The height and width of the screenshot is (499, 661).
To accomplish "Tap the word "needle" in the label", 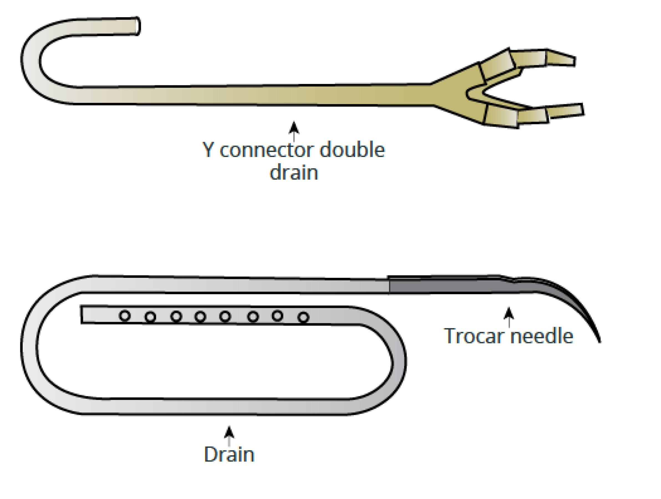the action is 542,336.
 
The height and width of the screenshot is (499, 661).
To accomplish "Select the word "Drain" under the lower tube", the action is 229,454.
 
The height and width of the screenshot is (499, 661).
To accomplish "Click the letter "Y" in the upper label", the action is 208,149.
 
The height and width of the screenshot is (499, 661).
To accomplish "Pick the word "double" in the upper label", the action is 352,149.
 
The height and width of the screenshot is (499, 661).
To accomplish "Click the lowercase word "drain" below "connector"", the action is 294,172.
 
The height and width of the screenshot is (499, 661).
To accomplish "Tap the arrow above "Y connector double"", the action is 294,131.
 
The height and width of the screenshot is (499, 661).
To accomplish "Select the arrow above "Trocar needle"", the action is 509,317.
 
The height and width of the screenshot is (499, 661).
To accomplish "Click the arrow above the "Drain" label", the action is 229,437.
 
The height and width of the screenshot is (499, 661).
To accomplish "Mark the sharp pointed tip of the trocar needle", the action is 600,342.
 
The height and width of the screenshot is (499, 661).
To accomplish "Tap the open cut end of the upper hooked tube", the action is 138,26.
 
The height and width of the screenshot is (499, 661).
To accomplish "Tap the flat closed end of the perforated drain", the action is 82,314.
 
